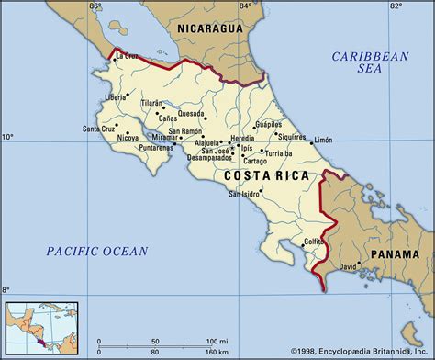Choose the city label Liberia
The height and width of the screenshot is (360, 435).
click(114, 96)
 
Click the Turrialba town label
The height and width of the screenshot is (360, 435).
click(287, 153)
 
